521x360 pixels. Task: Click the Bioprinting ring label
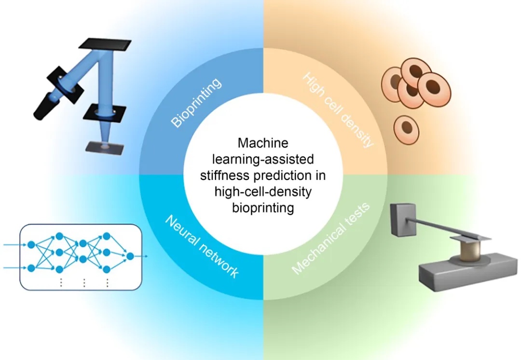pos(197,102)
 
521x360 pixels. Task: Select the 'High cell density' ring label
pos(338,110)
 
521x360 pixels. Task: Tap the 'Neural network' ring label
pos(202,246)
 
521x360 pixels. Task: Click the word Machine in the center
pos(263,143)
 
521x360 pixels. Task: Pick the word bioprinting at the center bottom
pos(263,208)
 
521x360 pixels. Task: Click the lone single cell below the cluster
pos(406,128)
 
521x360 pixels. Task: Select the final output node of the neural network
pos(129,256)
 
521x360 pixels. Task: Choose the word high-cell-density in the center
pos(263,192)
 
